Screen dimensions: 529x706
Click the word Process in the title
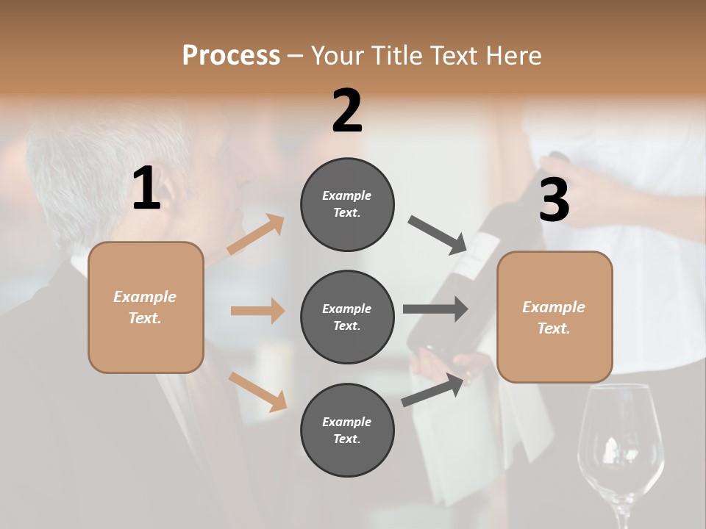pos(231,56)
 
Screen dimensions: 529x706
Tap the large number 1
pos(146,189)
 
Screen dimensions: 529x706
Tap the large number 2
pos(347,111)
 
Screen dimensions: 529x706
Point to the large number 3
pos(554,200)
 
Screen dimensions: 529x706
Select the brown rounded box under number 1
pos(146,307)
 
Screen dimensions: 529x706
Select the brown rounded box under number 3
pos(555,317)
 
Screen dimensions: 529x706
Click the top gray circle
pos(347,204)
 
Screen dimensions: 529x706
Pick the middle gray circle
pos(347,317)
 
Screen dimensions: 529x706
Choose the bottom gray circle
pos(347,430)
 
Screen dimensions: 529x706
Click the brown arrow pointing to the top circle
pos(256,234)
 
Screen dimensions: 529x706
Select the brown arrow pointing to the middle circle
pos(257,311)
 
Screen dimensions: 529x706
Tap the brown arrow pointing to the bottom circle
pos(257,391)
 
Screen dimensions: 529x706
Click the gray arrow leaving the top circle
pos(438,234)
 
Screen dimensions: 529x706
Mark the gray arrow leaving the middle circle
pos(435,309)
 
